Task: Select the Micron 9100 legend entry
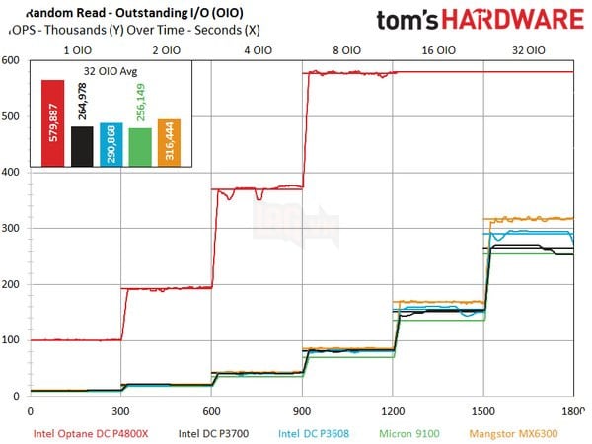[x=406, y=431]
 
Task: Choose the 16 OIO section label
[x=440, y=47]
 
